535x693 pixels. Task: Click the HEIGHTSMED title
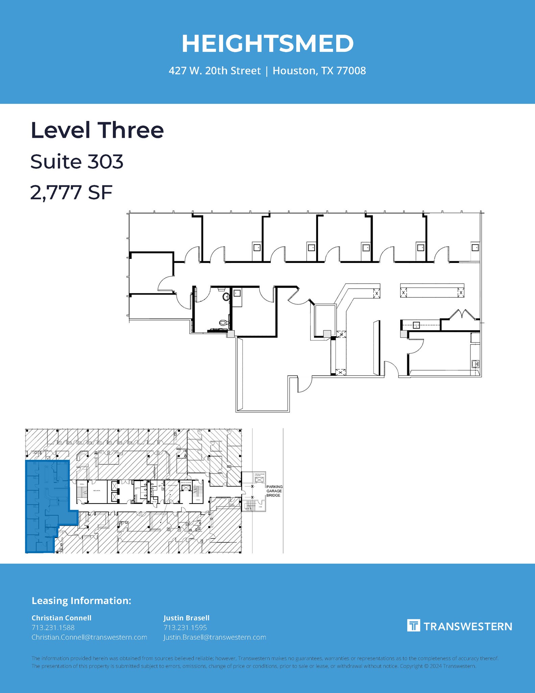(x=267, y=44)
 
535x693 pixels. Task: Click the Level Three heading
(x=97, y=130)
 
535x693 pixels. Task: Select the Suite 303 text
(x=77, y=162)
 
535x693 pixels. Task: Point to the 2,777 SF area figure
(x=71, y=193)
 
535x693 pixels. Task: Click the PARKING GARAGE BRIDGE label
(x=274, y=491)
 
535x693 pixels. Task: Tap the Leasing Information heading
(x=81, y=601)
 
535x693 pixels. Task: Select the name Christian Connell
(x=62, y=618)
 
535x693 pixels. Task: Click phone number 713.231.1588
(x=53, y=627)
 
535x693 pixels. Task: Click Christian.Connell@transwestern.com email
(x=89, y=637)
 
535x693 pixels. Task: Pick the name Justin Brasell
(x=187, y=618)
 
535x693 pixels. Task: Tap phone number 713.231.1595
(x=185, y=627)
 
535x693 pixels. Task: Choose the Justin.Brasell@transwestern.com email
(x=215, y=637)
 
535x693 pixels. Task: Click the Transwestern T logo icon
(x=413, y=625)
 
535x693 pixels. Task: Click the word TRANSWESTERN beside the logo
(x=468, y=626)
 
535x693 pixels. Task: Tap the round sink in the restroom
(x=226, y=297)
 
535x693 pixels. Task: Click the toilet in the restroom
(x=223, y=323)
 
